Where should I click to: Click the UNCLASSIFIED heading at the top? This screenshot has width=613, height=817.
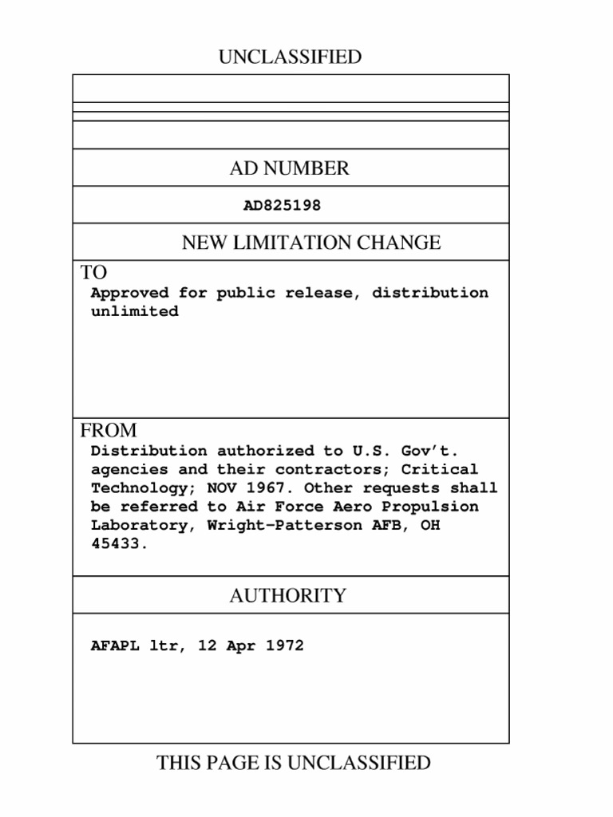tap(290, 57)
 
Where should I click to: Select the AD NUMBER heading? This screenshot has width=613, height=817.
tap(290, 168)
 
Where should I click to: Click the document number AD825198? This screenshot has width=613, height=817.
tap(282, 206)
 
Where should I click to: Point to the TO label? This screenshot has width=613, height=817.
tap(93, 272)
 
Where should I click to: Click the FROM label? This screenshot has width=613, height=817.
tap(108, 431)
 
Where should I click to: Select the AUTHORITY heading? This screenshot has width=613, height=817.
tap(288, 596)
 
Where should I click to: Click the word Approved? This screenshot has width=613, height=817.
tap(129, 293)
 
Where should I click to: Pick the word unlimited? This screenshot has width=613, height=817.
tap(134, 312)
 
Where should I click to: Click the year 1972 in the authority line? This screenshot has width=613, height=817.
tap(284, 646)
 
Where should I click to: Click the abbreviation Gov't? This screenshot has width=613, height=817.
tap(430, 451)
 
